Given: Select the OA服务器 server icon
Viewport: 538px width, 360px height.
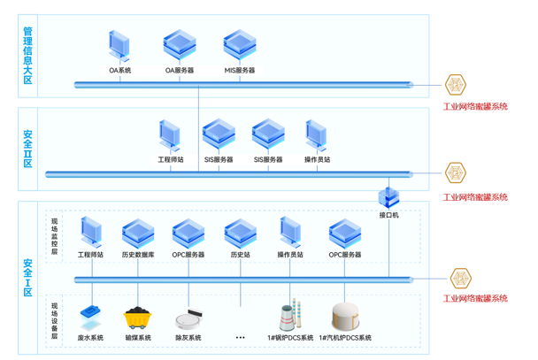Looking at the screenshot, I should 179,45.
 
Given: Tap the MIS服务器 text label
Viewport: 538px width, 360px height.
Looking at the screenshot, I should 239,70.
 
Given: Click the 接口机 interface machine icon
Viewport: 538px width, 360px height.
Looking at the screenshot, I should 389,195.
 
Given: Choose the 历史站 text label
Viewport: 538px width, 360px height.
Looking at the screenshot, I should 240,255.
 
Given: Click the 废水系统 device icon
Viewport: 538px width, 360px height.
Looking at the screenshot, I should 90,315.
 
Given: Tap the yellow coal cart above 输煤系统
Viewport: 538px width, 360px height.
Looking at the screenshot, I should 137,317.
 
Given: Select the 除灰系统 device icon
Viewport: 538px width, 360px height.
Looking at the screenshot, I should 188,317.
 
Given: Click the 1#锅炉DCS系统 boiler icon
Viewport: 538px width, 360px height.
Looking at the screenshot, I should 288,317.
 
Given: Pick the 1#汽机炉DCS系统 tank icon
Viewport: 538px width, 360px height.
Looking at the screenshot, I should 345,316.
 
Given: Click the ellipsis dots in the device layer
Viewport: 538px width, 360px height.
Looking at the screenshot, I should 240,337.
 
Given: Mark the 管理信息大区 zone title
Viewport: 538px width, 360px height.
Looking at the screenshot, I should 28,55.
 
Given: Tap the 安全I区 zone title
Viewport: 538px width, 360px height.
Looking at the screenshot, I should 28,277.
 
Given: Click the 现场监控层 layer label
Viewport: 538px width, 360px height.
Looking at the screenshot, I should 55,235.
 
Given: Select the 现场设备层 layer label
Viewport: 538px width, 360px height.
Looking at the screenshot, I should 55,320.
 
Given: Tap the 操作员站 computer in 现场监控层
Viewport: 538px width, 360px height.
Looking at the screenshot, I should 290,233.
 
